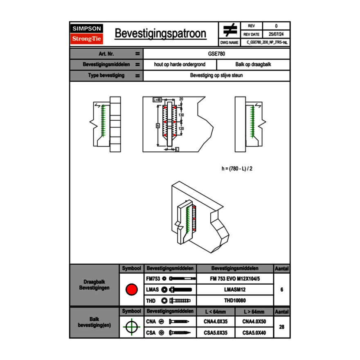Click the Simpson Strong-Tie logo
(x=87, y=34)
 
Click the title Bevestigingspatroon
(x=160, y=34)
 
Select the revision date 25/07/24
(x=276, y=34)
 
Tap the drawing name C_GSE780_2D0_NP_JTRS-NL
(x=267, y=42)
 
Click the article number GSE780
(x=216, y=54)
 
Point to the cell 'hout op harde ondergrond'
(x=180, y=65)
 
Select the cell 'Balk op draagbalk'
(x=253, y=65)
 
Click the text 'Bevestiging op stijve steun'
(x=216, y=76)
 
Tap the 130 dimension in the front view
(x=181, y=115)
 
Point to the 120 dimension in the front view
(x=181, y=128)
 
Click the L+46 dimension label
(x=157, y=99)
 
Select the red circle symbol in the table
(x=131, y=290)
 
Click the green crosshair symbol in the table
(x=131, y=327)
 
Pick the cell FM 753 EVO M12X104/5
(x=234, y=279)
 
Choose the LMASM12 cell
(x=234, y=290)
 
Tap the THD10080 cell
(x=234, y=301)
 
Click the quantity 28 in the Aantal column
(x=281, y=327)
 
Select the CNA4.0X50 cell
(x=254, y=322)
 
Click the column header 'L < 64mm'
(x=216, y=312)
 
